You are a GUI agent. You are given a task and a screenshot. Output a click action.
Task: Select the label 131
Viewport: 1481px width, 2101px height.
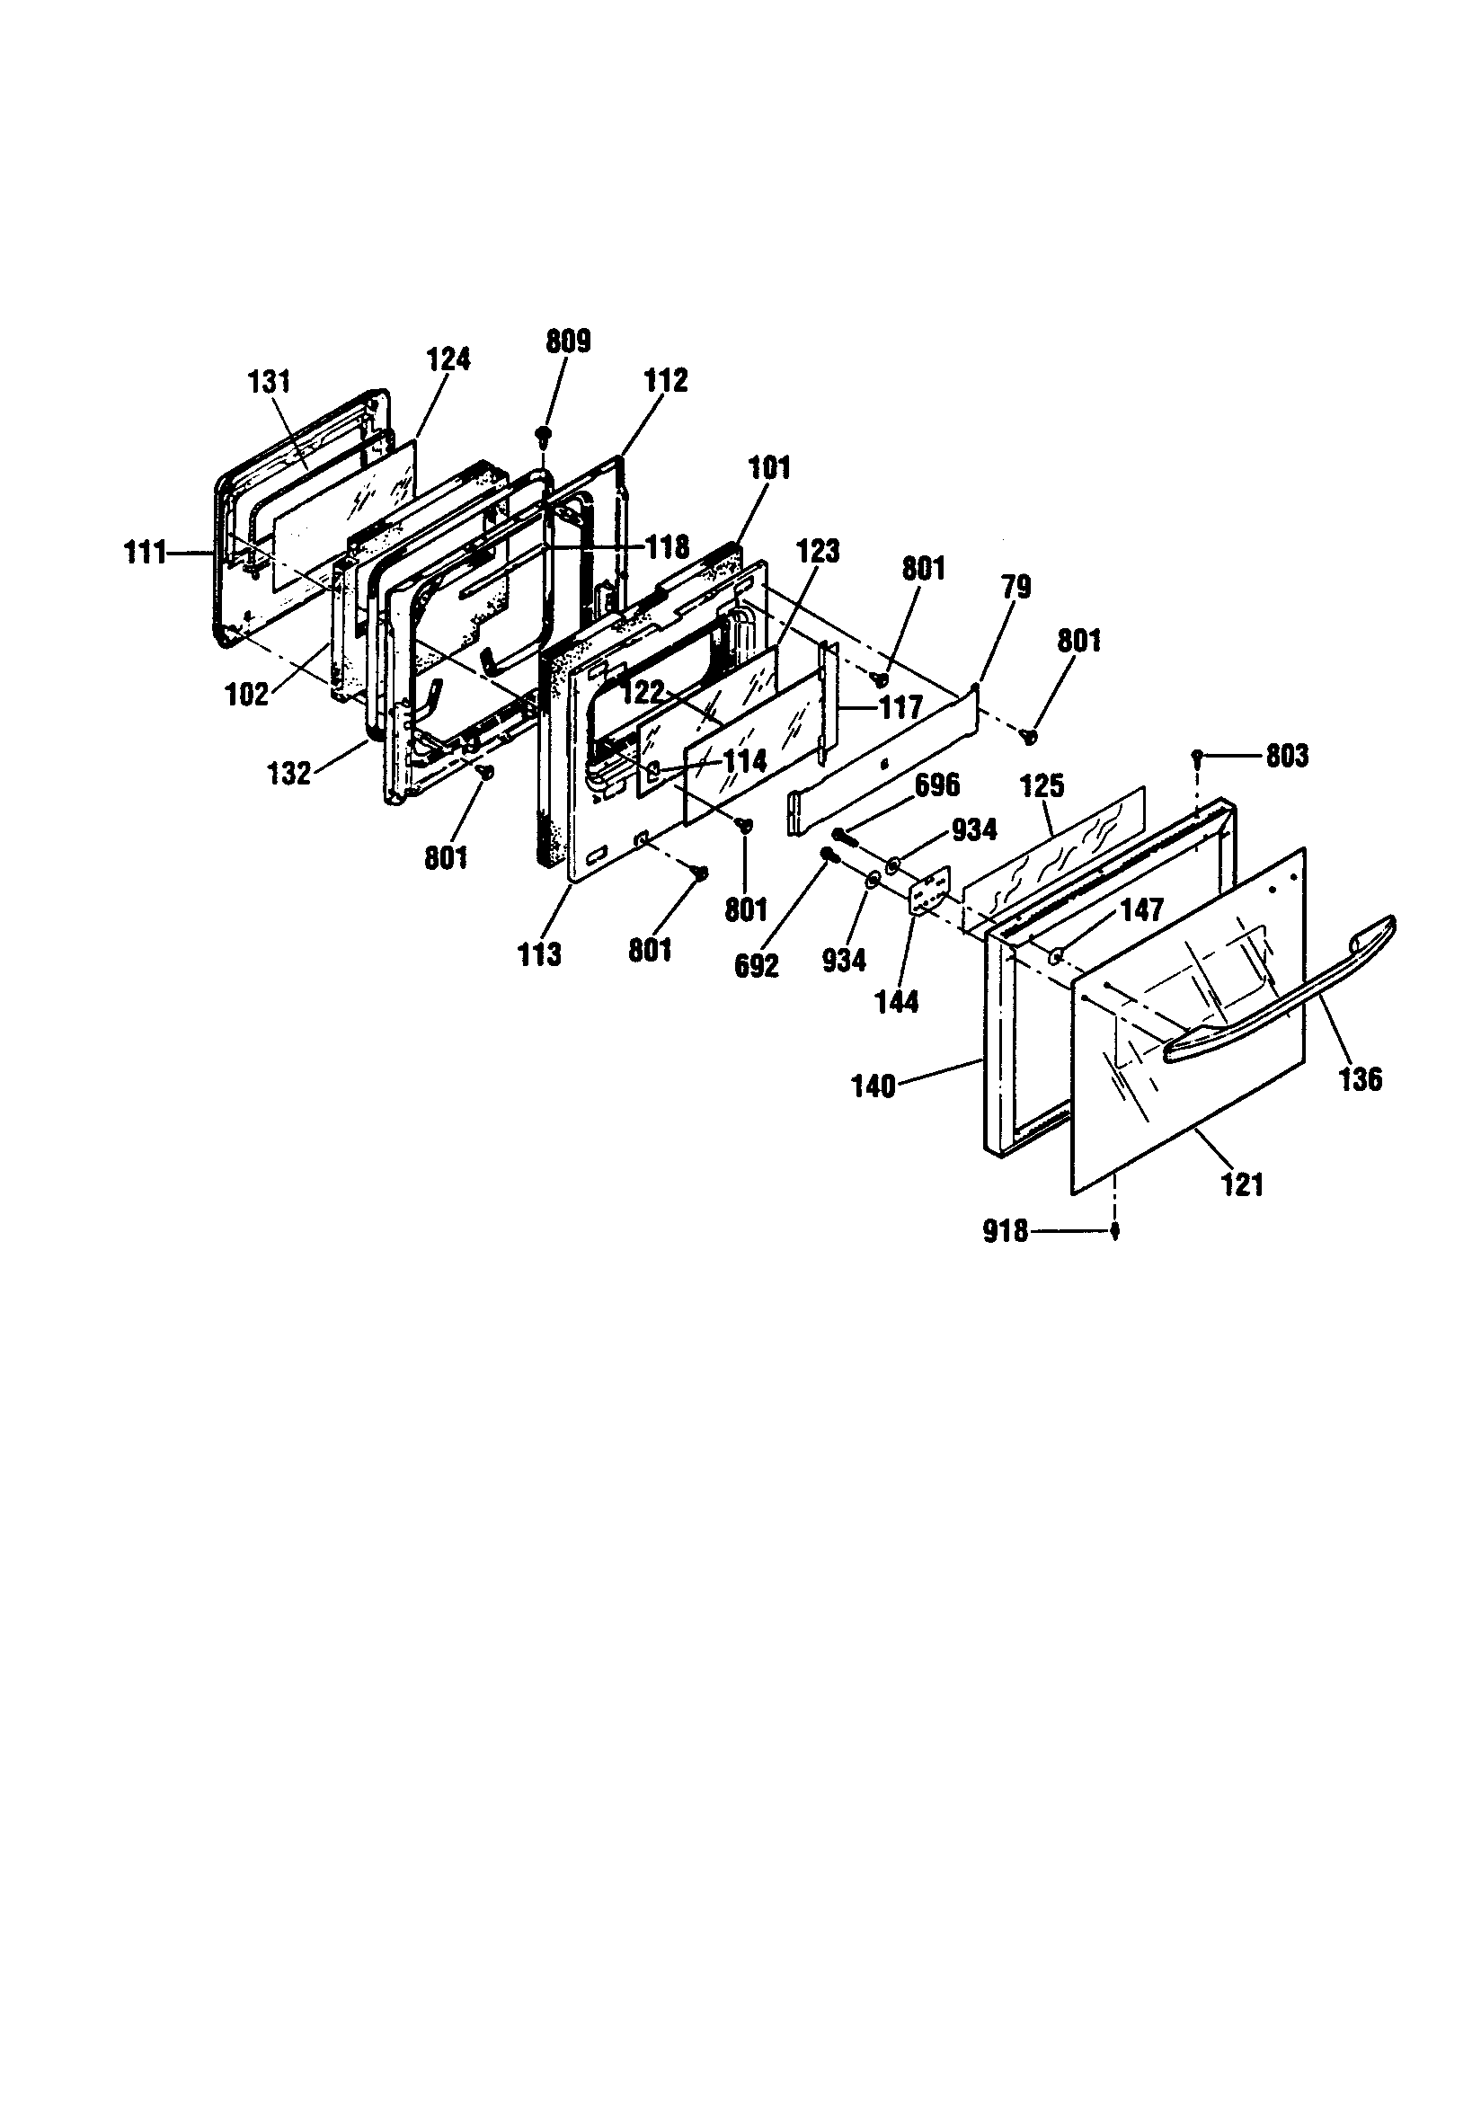tap(269, 383)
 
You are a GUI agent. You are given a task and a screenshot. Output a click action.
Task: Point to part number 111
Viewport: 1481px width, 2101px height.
tap(146, 554)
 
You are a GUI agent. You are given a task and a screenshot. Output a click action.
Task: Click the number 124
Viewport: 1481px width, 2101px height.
tap(448, 359)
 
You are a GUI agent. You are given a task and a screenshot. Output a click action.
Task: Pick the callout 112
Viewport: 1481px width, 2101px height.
tap(665, 381)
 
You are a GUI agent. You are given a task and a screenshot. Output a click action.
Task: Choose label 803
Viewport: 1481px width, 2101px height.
tap(1286, 756)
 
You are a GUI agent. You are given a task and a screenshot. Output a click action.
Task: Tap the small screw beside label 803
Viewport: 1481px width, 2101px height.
tap(1197, 755)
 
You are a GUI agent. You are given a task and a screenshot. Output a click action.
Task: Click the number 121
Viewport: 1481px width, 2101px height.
tap(1242, 1185)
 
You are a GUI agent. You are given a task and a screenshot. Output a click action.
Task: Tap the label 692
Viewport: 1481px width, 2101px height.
tap(756, 967)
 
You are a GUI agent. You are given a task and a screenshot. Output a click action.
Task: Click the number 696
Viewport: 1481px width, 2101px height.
tap(938, 785)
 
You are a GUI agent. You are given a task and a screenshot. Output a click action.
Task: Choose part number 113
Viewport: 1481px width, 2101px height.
tap(539, 954)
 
